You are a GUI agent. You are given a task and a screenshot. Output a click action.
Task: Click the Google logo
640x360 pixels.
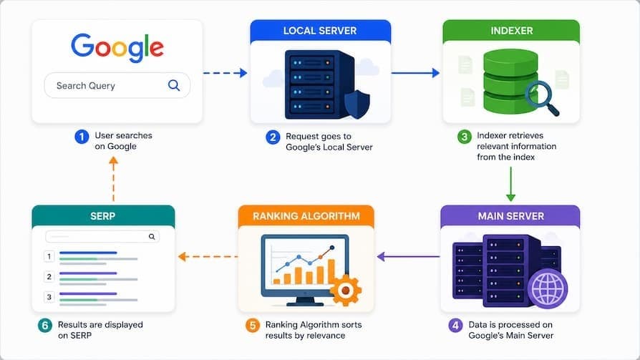(x=117, y=47)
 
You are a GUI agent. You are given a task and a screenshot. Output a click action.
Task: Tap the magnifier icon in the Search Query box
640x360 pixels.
(x=174, y=85)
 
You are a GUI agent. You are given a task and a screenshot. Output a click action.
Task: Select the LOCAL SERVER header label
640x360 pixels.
(x=320, y=31)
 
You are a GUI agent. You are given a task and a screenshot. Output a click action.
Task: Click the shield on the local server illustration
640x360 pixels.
(x=357, y=104)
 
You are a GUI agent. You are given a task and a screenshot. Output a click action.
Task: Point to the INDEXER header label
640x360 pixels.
(x=511, y=31)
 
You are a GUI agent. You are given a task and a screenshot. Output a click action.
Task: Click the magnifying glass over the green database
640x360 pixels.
(x=541, y=98)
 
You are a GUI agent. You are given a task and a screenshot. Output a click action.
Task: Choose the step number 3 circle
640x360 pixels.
(x=464, y=136)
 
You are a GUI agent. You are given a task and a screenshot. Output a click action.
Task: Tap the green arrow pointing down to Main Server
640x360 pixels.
(x=510, y=184)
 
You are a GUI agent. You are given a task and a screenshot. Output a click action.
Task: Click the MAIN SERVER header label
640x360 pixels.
(x=511, y=216)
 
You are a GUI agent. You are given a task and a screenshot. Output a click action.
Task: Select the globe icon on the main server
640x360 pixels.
(x=548, y=289)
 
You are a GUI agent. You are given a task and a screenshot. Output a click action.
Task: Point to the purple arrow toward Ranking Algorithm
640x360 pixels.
(x=408, y=257)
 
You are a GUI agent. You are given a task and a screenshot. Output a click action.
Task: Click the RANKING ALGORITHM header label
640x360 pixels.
(x=306, y=216)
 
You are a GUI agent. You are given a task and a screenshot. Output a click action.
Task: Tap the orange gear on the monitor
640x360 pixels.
(x=345, y=290)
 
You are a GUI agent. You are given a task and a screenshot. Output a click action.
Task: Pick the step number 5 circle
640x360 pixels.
(x=252, y=326)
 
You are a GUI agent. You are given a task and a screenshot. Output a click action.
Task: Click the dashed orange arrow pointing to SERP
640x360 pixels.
(x=208, y=257)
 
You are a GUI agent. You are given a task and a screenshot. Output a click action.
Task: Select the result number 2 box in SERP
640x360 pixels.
(x=49, y=277)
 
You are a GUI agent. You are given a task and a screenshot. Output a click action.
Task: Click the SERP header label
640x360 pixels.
(x=103, y=216)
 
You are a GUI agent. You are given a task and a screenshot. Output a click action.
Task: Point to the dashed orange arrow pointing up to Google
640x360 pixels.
(x=114, y=179)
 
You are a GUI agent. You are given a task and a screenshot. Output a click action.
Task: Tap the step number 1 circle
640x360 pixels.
(x=82, y=136)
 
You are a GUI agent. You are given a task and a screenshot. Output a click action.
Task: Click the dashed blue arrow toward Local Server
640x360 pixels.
(x=226, y=73)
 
